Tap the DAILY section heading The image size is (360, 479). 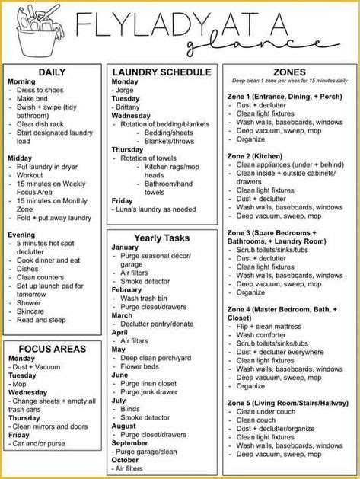point(52,71)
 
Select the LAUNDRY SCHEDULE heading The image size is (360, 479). point(161,72)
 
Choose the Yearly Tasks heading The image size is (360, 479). point(161,238)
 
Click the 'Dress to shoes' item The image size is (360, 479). point(46,91)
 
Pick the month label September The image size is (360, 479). point(130,442)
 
